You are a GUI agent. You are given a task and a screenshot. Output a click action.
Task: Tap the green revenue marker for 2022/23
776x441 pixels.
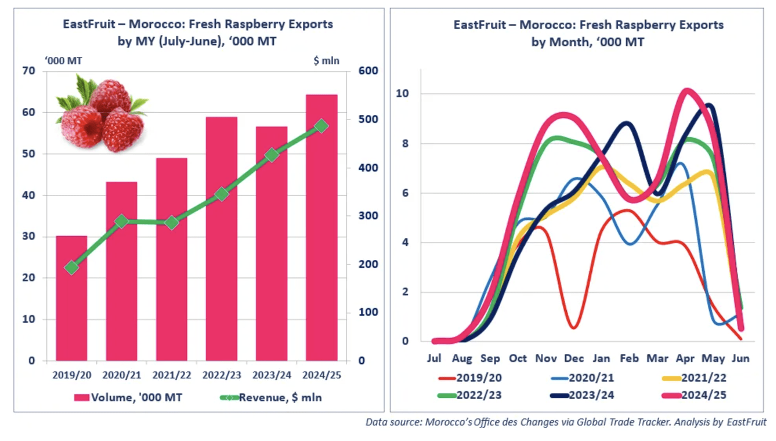click(221, 194)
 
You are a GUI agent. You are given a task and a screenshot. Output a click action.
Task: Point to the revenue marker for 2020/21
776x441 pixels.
click(121, 221)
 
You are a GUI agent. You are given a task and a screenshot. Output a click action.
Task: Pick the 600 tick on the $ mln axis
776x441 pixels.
click(368, 70)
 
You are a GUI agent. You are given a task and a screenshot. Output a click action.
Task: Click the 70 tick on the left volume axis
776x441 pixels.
click(29, 70)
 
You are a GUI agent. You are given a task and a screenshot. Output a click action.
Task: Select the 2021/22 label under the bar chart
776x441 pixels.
click(171, 375)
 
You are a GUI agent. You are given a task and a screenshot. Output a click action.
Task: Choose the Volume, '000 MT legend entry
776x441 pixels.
click(128, 397)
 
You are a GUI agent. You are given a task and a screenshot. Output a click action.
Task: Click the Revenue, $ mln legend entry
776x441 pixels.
click(271, 397)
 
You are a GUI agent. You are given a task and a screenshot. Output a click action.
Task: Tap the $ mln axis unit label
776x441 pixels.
click(326, 60)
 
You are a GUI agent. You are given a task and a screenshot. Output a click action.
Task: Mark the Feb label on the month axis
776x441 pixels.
click(629, 358)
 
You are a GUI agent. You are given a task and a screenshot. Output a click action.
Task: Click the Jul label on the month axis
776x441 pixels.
click(434, 358)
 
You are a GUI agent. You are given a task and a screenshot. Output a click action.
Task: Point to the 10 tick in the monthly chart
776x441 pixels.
click(402, 93)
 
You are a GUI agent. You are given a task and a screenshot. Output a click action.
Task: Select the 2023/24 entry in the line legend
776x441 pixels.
click(582, 395)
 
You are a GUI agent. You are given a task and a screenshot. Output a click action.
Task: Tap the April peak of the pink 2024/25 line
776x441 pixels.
click(687, 91)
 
